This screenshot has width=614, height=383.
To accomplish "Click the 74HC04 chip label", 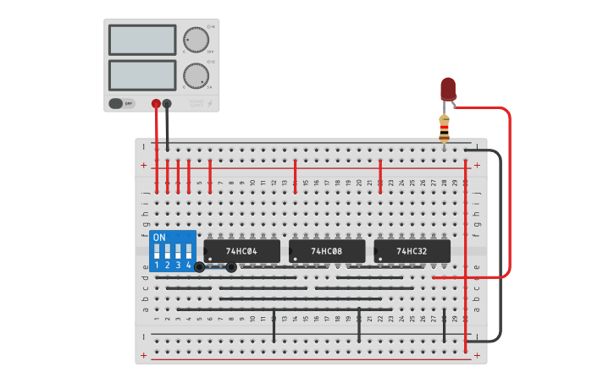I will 241,251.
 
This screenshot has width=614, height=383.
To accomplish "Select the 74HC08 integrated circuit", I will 327,251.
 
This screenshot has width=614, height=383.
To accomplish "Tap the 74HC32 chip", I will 412,251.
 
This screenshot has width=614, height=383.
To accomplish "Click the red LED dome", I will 448,88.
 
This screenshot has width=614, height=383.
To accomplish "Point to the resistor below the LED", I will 445,129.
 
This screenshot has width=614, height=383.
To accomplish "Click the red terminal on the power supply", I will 156,104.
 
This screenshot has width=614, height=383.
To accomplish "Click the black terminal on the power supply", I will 167,104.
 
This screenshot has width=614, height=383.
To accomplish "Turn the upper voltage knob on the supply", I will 196,40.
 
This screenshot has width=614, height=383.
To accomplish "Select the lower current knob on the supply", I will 196,75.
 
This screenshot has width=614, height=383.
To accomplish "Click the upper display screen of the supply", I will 142,40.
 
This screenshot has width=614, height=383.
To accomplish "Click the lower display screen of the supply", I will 142,75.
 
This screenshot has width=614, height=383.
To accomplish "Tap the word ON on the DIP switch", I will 159,238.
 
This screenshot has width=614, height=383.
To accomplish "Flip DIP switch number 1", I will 158,253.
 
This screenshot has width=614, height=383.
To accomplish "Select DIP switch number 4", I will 188,253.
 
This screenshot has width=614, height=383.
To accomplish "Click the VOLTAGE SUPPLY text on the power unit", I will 196,102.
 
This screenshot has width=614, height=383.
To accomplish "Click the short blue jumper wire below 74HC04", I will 215,268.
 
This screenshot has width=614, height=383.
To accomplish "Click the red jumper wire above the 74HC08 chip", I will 295,175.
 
